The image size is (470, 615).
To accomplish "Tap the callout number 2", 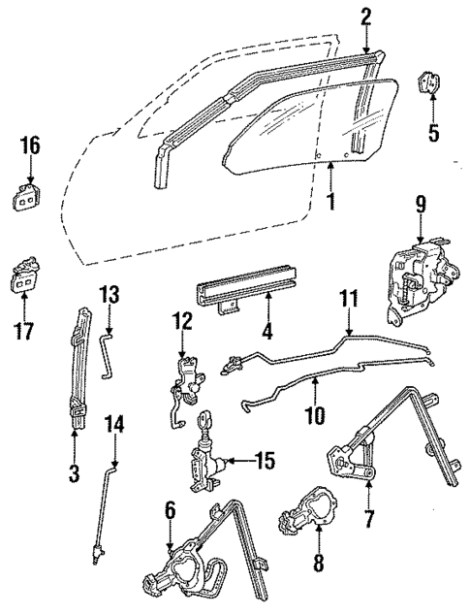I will click(366, 16).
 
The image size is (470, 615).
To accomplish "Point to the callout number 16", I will click(30, 146).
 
